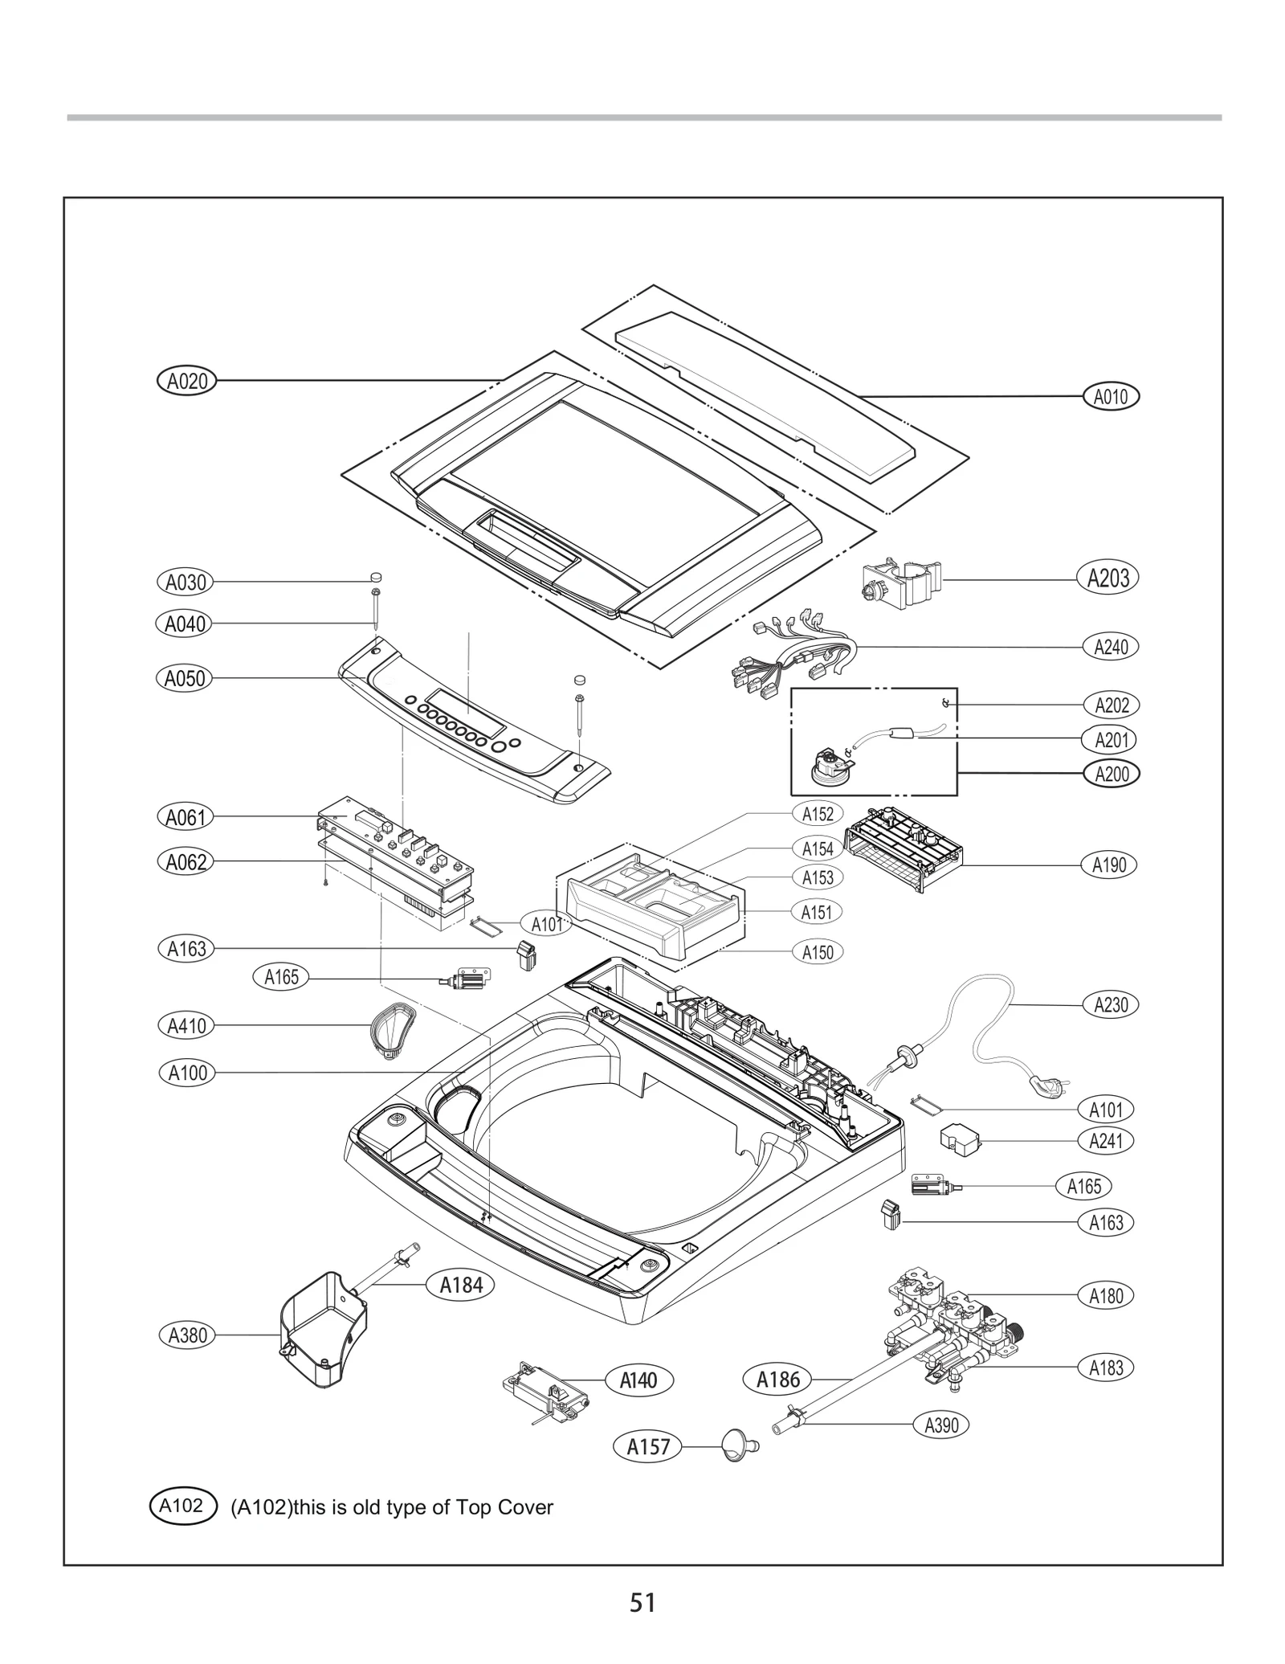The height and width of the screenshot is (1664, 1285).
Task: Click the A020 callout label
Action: click(186, 381)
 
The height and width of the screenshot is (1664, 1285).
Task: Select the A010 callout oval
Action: click(1111, 396)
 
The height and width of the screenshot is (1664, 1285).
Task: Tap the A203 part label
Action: click(1108, 579)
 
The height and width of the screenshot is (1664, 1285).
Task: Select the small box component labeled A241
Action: click(961, 1139)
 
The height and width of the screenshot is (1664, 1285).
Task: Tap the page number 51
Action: click(642, 1603)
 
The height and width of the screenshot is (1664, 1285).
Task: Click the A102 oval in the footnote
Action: click(182, 1506)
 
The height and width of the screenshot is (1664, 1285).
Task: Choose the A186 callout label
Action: click(777, 1380)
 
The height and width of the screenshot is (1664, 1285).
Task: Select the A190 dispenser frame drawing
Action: click(904, 849)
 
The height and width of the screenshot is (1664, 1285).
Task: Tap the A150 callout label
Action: click(818, 952)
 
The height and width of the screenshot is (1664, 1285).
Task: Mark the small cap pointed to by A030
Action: click(375, 578)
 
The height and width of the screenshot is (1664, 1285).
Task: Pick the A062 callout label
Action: click(186, 862)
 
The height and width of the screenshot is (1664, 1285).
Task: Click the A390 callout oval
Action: click(941, 1425)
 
